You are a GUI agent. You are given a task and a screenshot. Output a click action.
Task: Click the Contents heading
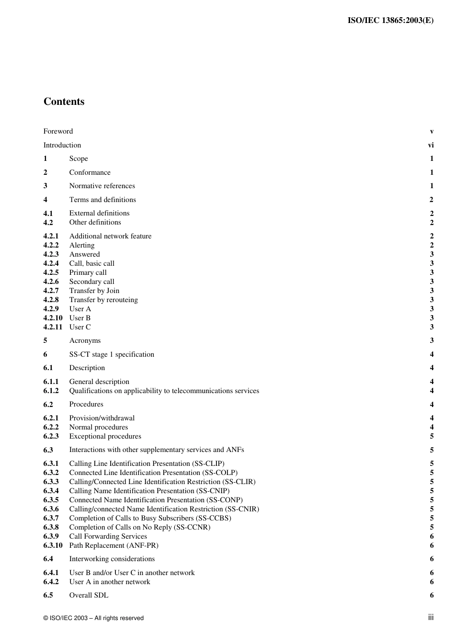64,102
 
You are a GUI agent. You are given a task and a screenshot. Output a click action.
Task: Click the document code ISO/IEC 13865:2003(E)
390,20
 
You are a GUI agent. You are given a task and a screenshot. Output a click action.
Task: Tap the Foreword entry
58,131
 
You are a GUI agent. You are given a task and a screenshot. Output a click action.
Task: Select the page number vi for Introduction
431,145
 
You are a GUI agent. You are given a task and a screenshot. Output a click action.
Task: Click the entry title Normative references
102,186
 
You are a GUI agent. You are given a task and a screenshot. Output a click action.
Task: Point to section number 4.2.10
53,318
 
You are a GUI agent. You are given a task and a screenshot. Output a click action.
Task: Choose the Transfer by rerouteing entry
103,300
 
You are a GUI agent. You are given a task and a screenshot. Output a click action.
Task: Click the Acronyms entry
85,340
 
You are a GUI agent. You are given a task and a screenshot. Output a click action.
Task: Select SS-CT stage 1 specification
112,354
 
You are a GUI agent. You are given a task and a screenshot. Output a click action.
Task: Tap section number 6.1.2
51,391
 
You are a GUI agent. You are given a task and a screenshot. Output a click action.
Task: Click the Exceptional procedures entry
105,436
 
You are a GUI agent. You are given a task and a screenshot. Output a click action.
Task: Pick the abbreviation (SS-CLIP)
208,463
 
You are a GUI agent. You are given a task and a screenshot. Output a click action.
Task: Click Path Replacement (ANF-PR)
114,545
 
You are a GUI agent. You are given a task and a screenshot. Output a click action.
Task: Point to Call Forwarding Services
108,536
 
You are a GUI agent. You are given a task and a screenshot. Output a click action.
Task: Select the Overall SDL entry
89,595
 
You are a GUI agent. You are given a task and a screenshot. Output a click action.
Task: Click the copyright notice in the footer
93,618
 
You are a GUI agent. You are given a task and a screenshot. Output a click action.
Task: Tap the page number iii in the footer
431,618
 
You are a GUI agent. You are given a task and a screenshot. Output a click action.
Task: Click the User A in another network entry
110,582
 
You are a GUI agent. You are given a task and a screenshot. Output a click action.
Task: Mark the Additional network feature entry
110,236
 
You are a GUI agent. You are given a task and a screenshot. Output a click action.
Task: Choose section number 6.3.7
51,518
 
